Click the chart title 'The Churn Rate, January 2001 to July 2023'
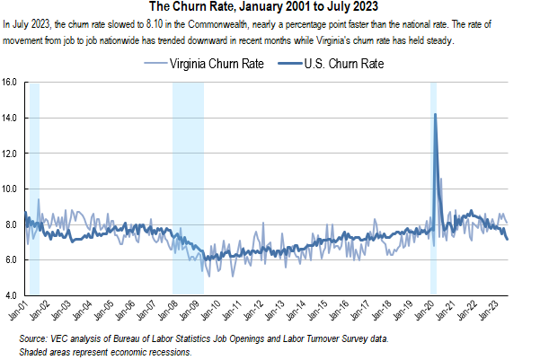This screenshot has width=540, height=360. pyautogui.click(x=270, y=8)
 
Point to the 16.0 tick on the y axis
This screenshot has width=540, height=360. pyautogui.click(x=10, y=82)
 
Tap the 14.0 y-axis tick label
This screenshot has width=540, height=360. pyautogui.click(x=10, y=118)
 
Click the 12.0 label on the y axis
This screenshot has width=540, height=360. pyautogui.click(x=10, y=154)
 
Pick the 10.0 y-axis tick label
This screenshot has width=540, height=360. pyautogui.click(x=10, y=189)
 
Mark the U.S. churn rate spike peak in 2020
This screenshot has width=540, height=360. pyautogui.click(x=435, y=114)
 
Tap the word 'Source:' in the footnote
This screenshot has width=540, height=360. pyautogui.click(x=35, y=338)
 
